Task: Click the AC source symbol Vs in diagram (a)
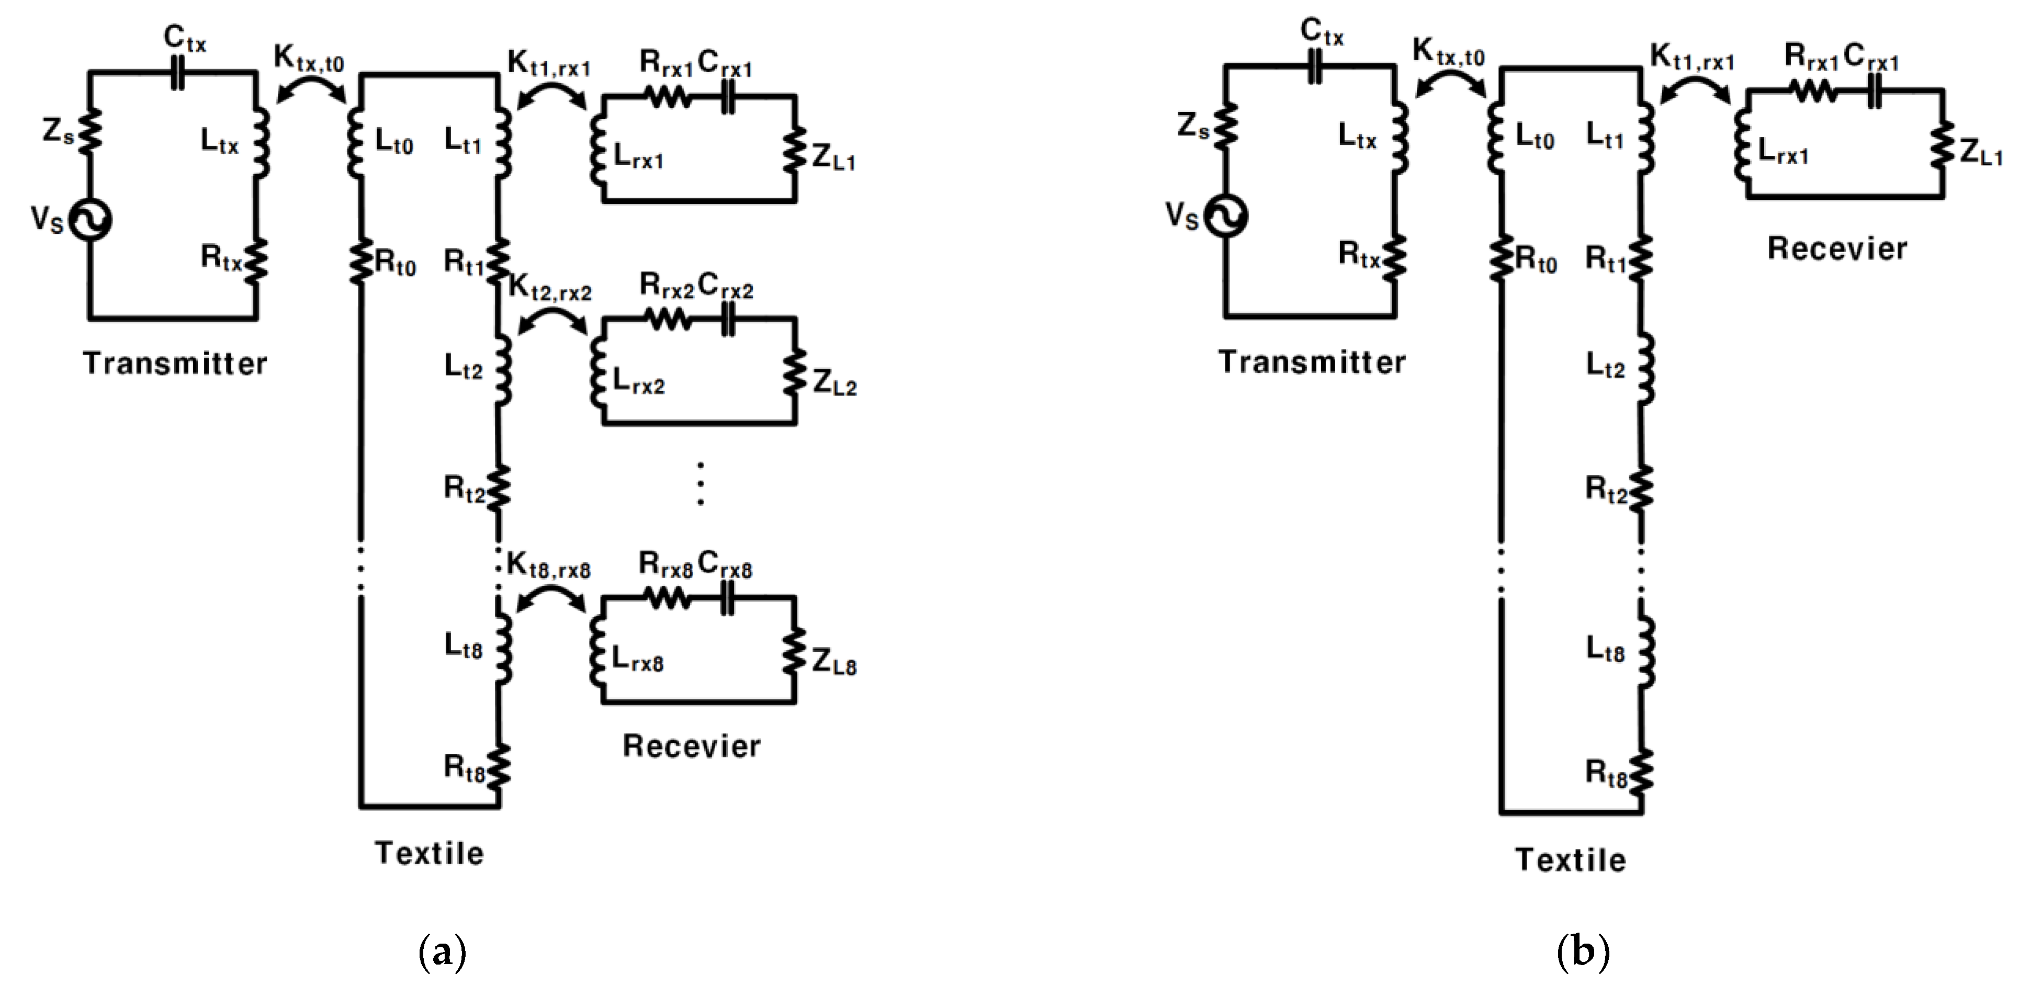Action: click(89, 220)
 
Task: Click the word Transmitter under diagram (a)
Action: click(175, 363)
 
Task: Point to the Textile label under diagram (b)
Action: click(1570, 860)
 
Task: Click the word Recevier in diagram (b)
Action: click(1836, 248)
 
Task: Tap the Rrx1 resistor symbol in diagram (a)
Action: click(668, 97)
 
